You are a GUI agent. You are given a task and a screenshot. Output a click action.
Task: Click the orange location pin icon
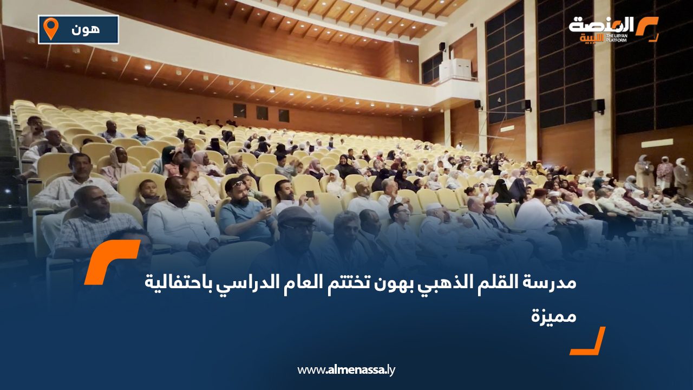click(50, 28)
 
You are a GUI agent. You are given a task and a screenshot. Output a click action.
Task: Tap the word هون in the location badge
click(85, 29)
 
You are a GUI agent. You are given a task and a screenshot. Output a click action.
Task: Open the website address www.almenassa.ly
click(346, 370)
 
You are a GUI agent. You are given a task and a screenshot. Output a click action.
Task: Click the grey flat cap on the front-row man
click(296, 215)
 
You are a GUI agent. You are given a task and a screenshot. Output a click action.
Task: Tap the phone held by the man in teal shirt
click(268, 203)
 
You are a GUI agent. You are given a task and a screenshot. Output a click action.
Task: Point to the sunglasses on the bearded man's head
click(237, 184)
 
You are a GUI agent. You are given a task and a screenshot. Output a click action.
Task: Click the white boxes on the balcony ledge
click(454, 69)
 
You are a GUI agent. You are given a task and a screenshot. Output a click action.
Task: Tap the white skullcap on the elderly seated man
click(433, 207)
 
